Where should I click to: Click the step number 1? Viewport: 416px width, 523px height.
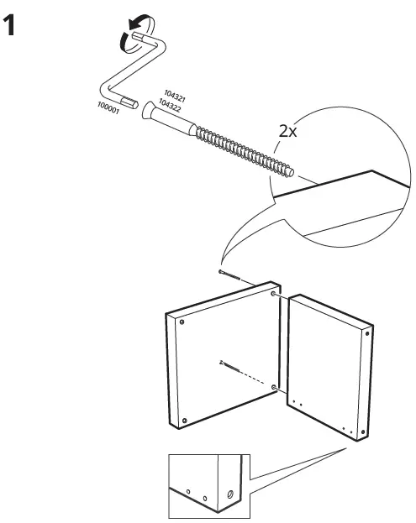pyautogui.click(x=11, y=26)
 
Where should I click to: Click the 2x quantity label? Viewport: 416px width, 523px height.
pyautogui.click(x=288, y=131)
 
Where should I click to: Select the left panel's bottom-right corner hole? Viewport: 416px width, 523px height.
pyautogui.click(x=276, y=387)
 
